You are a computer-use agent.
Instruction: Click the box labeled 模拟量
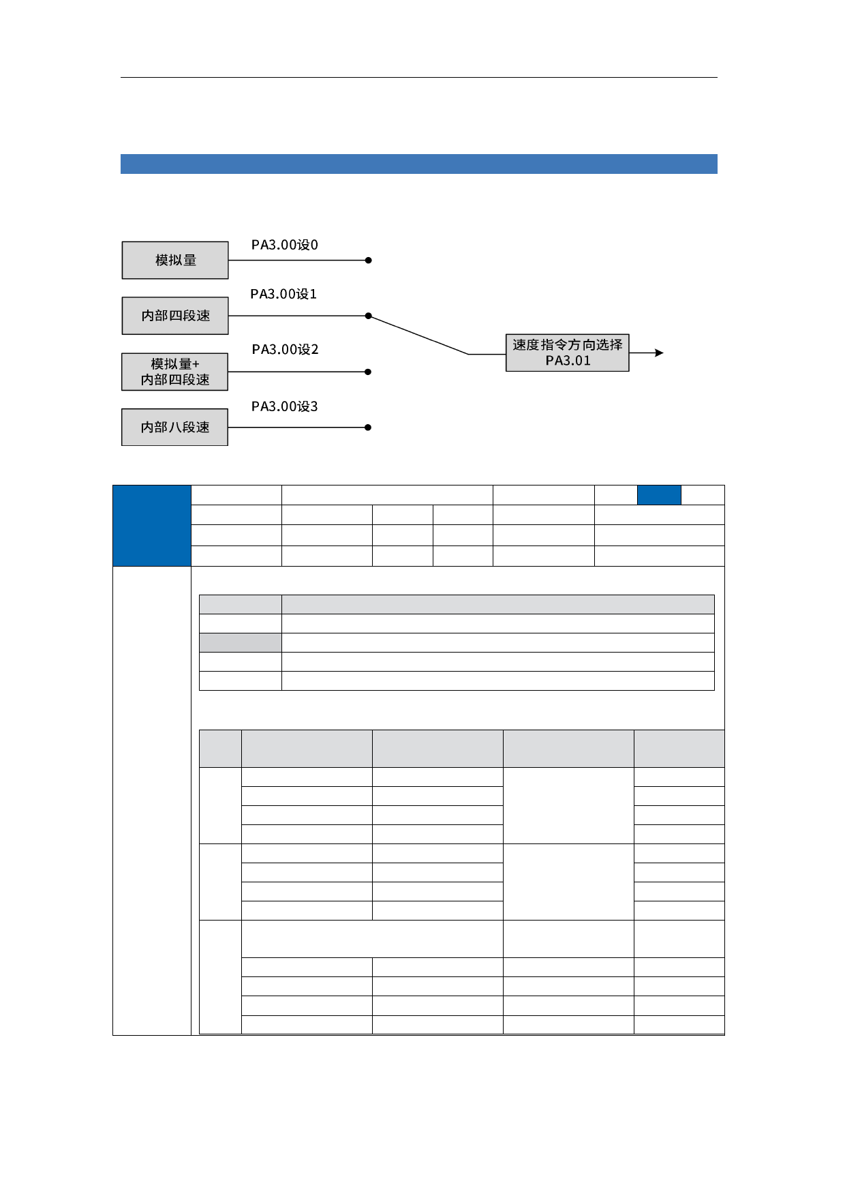175,260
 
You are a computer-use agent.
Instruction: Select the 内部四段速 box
175,316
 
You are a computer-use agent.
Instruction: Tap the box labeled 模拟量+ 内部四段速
175,372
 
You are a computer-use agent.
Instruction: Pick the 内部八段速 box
175,427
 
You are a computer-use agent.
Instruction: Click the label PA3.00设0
285,245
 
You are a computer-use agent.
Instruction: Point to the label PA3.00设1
283,294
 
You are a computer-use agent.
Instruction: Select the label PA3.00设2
285,349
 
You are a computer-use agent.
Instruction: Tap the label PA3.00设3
285,406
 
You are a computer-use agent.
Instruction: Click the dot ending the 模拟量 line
368,260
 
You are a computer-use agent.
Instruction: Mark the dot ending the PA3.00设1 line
368,316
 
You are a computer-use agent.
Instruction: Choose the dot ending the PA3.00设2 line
368,372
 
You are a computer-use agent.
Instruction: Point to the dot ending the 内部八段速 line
368,428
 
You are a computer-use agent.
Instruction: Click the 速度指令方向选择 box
568,353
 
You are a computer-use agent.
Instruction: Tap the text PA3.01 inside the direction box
568,361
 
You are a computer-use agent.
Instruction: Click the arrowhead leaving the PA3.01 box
659,353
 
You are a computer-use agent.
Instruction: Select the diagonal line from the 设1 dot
418,335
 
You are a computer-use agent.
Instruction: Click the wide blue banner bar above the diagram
419,164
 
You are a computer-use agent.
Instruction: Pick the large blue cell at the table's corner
152,526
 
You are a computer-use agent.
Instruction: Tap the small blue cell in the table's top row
659,495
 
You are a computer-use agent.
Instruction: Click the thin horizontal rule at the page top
419,77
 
